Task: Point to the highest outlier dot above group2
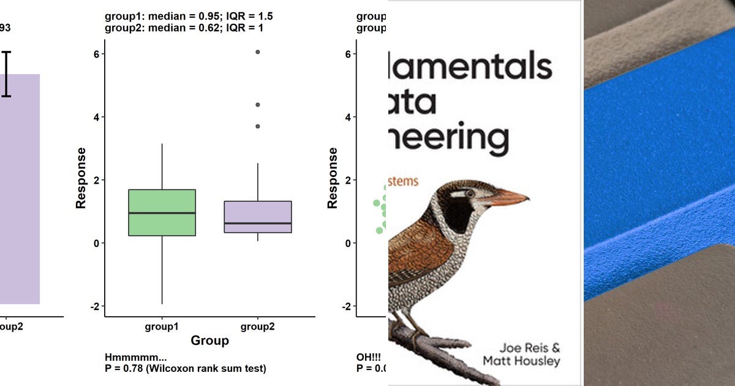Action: pos(258,52)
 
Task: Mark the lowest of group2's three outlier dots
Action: pos(258,126)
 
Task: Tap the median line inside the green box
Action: pos(162,213)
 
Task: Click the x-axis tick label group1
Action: pos(162,327)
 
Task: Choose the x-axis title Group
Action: pos(209,341)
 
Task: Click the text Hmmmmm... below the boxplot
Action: pos(136,358)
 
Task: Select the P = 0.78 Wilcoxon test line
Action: pos(186,368)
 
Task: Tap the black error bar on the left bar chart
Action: pos(7,74)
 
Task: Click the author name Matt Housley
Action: pos(521,361)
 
